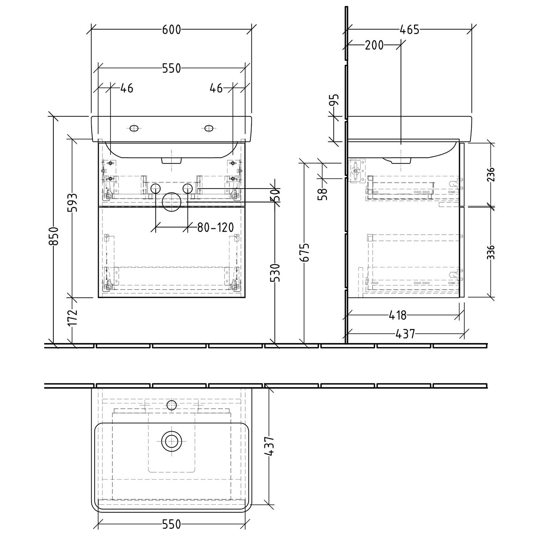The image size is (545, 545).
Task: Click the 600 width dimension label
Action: pyautogui.click(x=171, y=29)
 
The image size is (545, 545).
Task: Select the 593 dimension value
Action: pyautogui.click(x=72, y=202)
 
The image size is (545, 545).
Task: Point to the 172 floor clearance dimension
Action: pyautogui.click(x=72, y=317)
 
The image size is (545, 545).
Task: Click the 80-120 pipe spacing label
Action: pyautogui.click(x=215, y=228)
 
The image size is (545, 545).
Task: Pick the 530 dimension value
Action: pyautogui.click(x=275, y=273)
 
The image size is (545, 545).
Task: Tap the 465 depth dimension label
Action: pyautogui.click(x=409, y=29)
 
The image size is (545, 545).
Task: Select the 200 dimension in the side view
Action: pyautogui.click(x=374, y=45)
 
